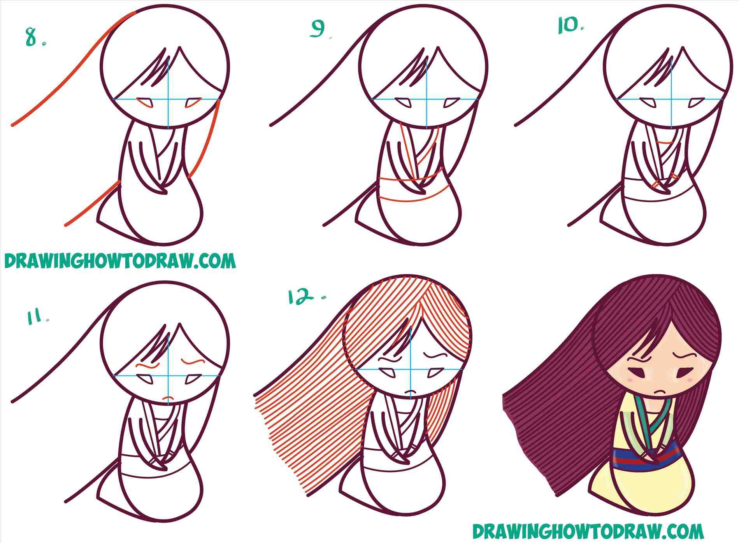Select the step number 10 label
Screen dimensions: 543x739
coord(570,26)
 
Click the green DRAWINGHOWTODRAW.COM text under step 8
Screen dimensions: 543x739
coord(120,261)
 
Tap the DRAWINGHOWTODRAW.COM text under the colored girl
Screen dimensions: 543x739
coord(588,531)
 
